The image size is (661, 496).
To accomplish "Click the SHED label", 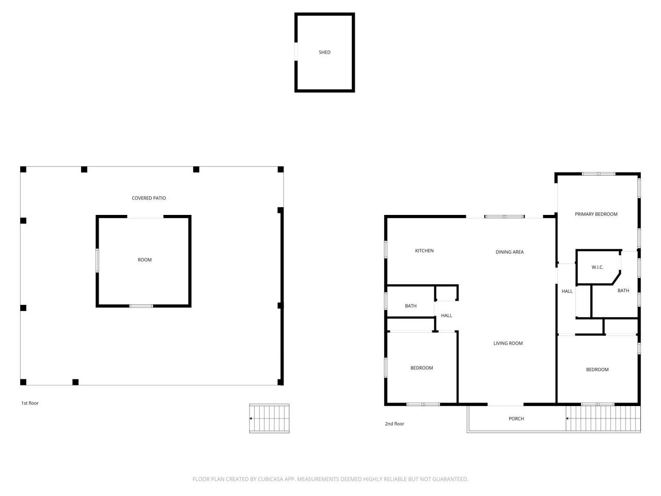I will pos(324,52).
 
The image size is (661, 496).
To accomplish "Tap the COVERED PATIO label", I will pos(149,198).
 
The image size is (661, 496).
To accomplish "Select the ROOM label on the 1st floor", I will pos(145,260).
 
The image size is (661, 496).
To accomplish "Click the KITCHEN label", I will pos(424,251).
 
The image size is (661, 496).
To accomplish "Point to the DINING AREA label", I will pos(509,252).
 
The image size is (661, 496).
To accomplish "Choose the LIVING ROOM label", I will pos(508,343).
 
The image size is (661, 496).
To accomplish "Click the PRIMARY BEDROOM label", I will pos(596,214).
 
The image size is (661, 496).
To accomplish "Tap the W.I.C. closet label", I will pos(597,267).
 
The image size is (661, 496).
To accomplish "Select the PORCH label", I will pos(516,419).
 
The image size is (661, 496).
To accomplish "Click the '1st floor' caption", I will pos(29,403).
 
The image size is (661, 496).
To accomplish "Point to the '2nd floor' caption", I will pos(395,424).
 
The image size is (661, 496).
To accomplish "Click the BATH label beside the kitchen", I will pos(411,306).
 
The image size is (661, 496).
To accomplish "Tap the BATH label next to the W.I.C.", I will pos(623,290).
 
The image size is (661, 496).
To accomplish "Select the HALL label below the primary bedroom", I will pos(567,291).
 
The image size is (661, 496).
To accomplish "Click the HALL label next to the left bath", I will pos(447,316).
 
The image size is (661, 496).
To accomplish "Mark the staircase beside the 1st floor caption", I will pos(270,419).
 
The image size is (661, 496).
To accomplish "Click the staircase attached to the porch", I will pos(603,419).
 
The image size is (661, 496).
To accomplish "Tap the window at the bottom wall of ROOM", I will pos(141,306).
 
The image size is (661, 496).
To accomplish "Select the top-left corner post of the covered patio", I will pos(23,169).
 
